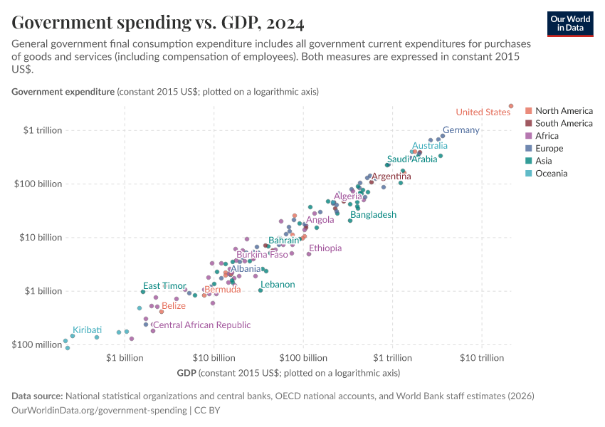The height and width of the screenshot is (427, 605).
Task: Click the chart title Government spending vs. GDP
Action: pyautogui.click(x=158, y=23)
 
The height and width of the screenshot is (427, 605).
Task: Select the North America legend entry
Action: pyautogui.click(x=564, y=111)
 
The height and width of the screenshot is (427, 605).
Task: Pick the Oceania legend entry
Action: pyautogui.click(x=551, y=173)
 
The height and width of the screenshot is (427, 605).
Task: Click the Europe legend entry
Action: pyautogui.click(x=549, y=148)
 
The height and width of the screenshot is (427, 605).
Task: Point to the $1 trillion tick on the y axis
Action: pyautogui.click(x=43, y=130)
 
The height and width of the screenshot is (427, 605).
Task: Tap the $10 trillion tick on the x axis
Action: pyautogui.click(x=482, y=357)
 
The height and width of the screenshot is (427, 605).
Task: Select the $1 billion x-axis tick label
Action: pyautogui.click(x=125, y=357)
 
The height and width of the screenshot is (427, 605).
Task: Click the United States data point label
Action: pyautogui.click(x=483, y=112)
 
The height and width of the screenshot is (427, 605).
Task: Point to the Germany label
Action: pyautogui.click(x=461, y=130)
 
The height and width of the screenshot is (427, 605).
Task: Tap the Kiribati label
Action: pyautogui.click(x=87, y=330)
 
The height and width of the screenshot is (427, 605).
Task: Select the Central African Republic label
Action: pyautogui.click(x=202, y=325)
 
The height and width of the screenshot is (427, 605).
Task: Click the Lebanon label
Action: pyautogui.click(x=278, y=285)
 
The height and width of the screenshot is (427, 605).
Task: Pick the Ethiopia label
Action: pyautogui.click(x=325, y=248)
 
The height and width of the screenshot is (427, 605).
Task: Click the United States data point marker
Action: pyautogui.click(x=511, y=106)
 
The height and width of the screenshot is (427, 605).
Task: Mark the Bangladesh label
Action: pyautogui.click(x=373, y=214)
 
